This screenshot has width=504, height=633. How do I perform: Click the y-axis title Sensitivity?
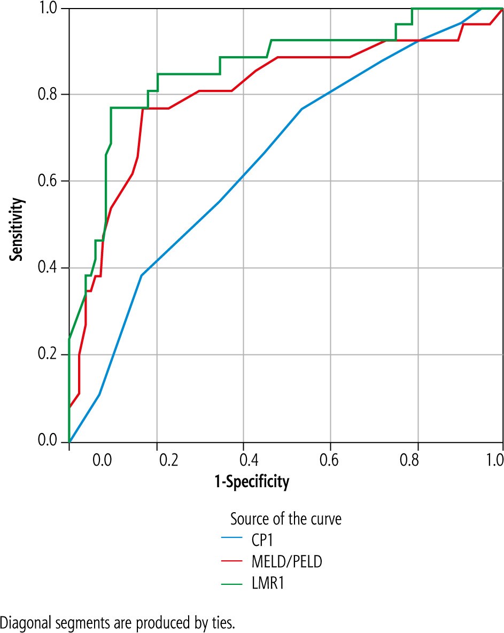pyautogui.click(x=18, y=230)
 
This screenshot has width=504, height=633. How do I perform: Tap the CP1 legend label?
pyautogui.click(x=263, y=540)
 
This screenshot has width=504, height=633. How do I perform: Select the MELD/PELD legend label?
pyautogui.click(x=286, y=561)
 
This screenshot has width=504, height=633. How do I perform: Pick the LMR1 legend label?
pyautogui.click(x=267, y=583)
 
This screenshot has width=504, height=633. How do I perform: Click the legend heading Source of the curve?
pyautogui.click(x=285, y=519)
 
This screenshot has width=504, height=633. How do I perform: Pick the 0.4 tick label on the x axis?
pyautogui.click(x=244, y=459)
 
